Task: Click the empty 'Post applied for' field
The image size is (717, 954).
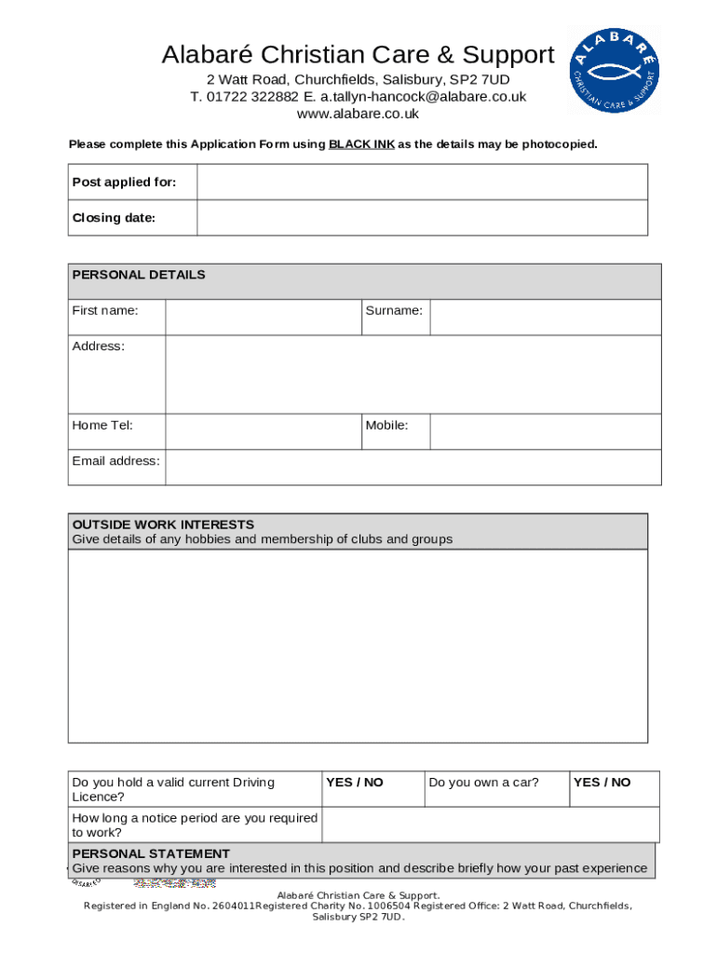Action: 422,182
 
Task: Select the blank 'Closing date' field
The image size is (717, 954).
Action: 422,218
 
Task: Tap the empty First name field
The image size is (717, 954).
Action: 263,318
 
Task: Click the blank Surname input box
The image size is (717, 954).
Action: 545,318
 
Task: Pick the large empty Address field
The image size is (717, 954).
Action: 413,375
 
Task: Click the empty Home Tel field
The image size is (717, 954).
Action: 263,432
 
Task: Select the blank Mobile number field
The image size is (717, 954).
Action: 545,432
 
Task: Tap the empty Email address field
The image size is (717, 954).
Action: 413,468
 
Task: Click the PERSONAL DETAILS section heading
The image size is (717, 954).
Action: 139,275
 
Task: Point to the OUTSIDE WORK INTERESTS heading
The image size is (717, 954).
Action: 163,525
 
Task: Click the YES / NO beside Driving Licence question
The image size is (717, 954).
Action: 355,783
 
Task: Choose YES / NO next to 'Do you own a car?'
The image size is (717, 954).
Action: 602,783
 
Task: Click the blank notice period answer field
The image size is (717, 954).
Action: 490,825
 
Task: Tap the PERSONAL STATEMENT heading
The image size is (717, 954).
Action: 151,853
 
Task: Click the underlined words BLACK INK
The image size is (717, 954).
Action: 361,144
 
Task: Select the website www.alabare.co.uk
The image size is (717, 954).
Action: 358,114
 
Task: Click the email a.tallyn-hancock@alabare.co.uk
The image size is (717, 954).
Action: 424,97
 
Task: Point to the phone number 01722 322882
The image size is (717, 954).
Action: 252,97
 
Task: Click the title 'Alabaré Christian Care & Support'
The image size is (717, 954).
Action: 358,55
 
